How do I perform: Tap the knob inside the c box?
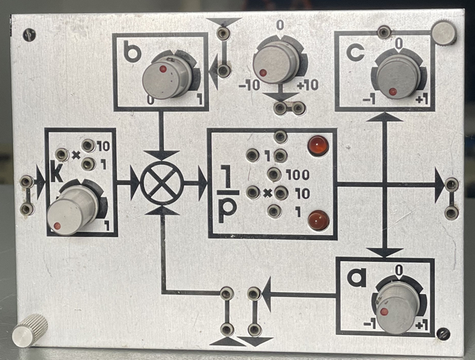(395, 77)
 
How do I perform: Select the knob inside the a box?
(397, 309)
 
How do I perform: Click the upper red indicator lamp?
(318, 146)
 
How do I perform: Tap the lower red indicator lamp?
(318, 219)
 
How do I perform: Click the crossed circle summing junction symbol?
(163, 183)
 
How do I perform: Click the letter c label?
(356, 52)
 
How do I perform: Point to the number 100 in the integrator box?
(297, 175)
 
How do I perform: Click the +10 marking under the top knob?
(307, 86)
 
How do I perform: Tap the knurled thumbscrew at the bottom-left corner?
(30, 330)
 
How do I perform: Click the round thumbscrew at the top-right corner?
(444, 33)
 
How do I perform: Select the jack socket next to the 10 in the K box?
(88, 146)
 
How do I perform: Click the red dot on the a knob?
(385, 312)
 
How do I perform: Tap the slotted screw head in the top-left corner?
(29, 35)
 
